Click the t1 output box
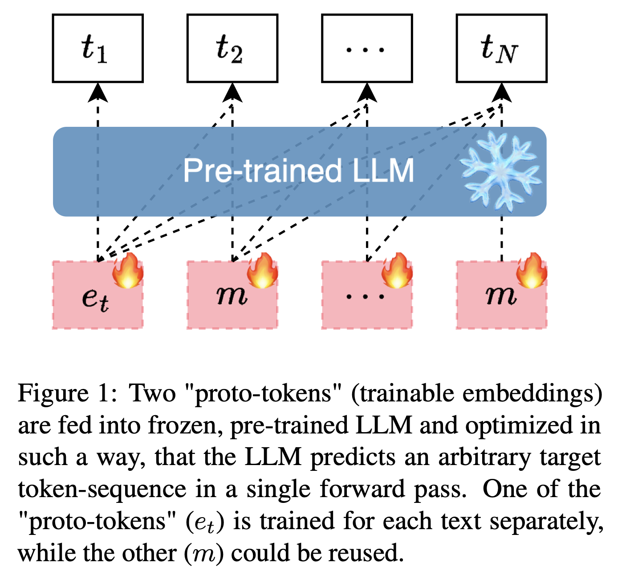98,48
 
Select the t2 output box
232,48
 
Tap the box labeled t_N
501,48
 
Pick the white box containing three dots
367,48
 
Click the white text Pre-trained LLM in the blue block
298,171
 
